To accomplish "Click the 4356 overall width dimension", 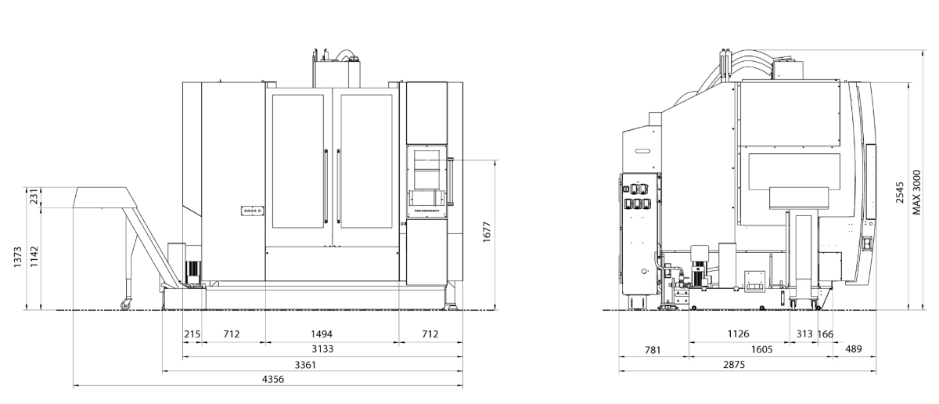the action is coord(273,379).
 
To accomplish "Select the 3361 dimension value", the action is coord(305,365).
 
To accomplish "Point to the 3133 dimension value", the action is coord(322,349).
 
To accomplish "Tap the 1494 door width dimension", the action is coord(322,334).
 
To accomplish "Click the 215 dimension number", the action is coord(192,334).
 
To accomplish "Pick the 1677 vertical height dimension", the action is coord(487,232).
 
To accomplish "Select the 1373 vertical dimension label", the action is coord(17,257).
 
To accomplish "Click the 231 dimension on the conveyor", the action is coord(34,197).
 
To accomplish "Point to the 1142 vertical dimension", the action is coord(34,257).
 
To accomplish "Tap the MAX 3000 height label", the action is coord(917,192).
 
